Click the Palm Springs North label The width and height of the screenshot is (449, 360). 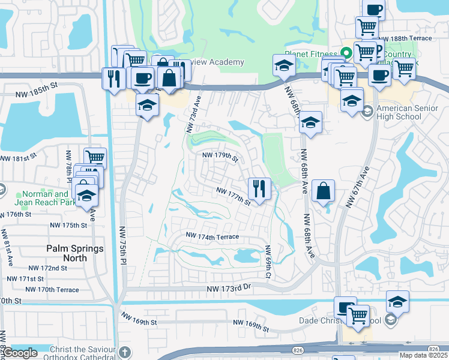coord(75,253)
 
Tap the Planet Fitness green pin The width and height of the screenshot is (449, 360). coord(346,53)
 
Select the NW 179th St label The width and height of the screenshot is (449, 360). coord(220,157)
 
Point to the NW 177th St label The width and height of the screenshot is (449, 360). coord(234,196)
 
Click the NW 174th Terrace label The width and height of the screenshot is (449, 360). coord(212,236)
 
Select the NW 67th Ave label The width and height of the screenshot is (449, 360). coord(356,187)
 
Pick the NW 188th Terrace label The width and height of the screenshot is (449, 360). coord(411,38)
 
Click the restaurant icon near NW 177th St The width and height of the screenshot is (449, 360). coord(259,189)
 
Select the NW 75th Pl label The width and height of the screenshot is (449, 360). coord(122,240)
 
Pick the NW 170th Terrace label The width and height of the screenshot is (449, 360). coord(53,290)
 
